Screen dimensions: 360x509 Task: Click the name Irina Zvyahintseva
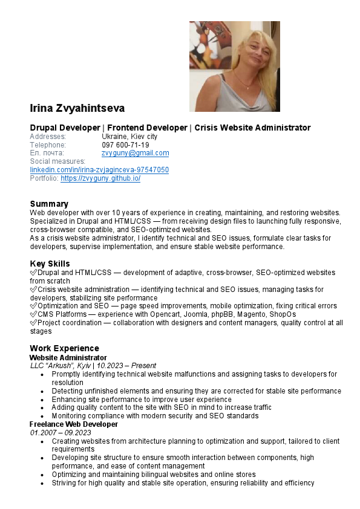pyautogui.click(x=77, y=109)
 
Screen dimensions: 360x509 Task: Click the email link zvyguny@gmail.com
pyautogui.click(x=135, y=154)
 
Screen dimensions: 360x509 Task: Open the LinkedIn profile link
pyautogui.click(x=99, y=170)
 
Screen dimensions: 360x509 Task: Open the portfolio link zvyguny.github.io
pyautogui.click(x=100, y=179)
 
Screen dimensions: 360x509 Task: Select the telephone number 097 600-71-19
pyautogui.click(x=125, y=145)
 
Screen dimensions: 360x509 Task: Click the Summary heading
pyautogui.click(x=49, y=204)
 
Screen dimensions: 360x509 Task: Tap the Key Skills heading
pyautogui.click(x=50, y=264)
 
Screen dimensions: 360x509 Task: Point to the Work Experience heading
pyautogui.click(x=64, y=348)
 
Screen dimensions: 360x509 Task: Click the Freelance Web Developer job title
pyautogui.click(x=73, y=424)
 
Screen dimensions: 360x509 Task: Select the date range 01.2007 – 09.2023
pyautogui.click(x=61, y=433)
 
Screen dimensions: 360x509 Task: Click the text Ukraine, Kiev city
pyautogui.click(x=129, y=137)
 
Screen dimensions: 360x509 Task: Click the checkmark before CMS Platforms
pyautogui.click(x=33, y=315)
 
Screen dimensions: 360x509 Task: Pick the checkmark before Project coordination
pyautogui.click(x=33, y=323)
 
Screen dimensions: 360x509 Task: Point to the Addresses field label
pyautogui.click(x=48, y=137)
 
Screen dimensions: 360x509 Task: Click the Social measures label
pyautogui.click(x=57, y=162)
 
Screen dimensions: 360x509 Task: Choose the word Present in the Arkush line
pyautogui.click(x=143, y=366)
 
